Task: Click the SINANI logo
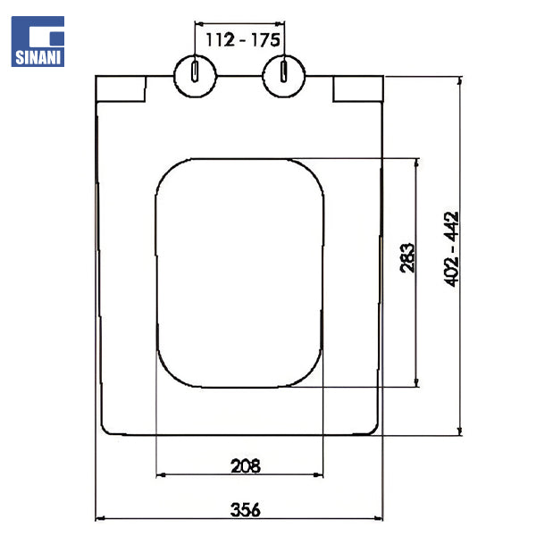click(x=38, y=41)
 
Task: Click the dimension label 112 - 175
click(x=243, y=40)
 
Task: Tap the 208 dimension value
click(x=246, y=466)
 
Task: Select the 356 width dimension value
click(x=246, y=510)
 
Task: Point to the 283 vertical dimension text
click(x=407, y=258)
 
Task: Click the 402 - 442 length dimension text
click(x=451, y=249)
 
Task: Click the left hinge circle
click(x=195, y=76)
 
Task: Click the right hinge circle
click(x=284, y=76)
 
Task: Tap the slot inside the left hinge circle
click(x=195, y=71)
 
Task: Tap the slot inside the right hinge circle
click(x=284, y=71)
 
